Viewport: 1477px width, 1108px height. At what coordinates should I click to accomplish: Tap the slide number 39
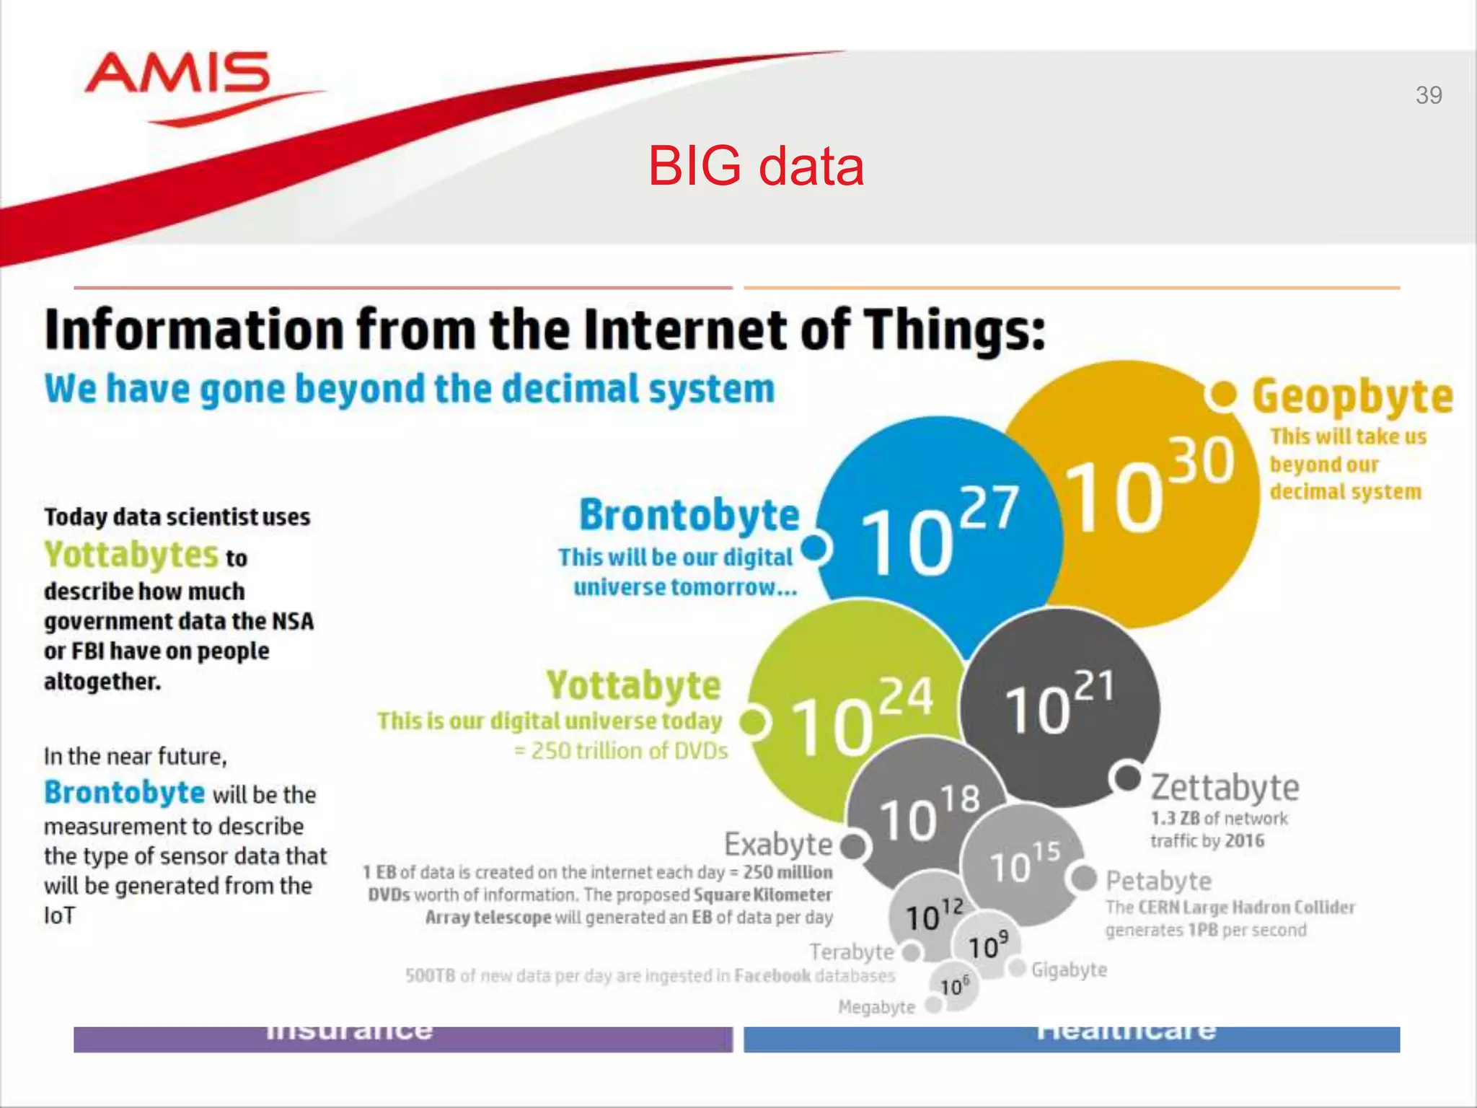click(1428, 95)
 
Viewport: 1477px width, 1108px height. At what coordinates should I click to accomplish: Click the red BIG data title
click(756, 167)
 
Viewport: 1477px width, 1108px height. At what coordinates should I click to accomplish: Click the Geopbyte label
click(1352, 397)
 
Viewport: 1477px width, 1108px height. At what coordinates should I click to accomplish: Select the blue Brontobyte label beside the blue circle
click(689, 515)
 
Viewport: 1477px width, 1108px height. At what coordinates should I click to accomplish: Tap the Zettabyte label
click(1225, 788)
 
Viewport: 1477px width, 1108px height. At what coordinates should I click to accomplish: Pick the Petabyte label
click(1158, 881)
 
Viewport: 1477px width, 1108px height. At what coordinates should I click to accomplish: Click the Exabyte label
click(778, 844)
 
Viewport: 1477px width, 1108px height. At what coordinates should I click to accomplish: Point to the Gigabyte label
click(1069, 970)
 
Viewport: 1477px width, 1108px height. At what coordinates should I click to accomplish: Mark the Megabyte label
click(876, 1007)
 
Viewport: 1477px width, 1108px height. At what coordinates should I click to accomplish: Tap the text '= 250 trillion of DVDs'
click(621, 751)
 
